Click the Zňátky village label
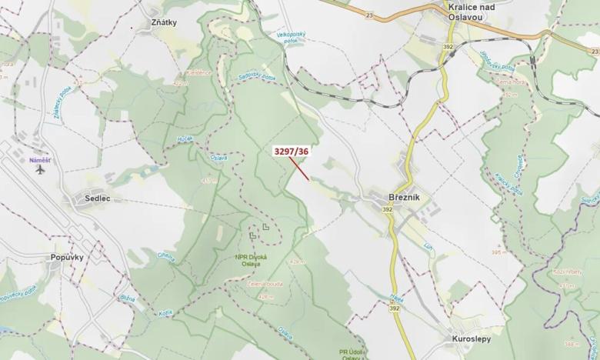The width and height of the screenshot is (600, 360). [164, 22]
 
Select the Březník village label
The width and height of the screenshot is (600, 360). [404, 197]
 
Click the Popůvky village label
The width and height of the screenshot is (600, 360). [67, 257]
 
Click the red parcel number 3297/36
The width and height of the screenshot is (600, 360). [292, 152]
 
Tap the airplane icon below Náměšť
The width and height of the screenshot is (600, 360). [39, 170]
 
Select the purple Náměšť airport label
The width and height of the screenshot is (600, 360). [39, 160]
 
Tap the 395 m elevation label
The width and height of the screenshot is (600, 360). [497, 251]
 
